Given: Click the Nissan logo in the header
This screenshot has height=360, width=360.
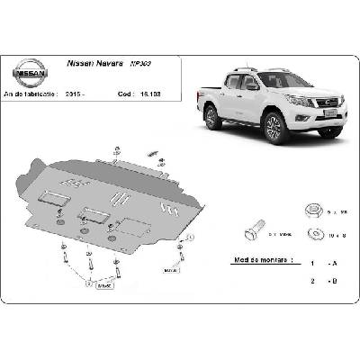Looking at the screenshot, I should point(29,72).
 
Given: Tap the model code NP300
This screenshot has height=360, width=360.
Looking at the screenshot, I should point(140,65).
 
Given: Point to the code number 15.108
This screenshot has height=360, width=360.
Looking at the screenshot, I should point(151,93).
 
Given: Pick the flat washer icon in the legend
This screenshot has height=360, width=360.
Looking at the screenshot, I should point(314,236).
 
